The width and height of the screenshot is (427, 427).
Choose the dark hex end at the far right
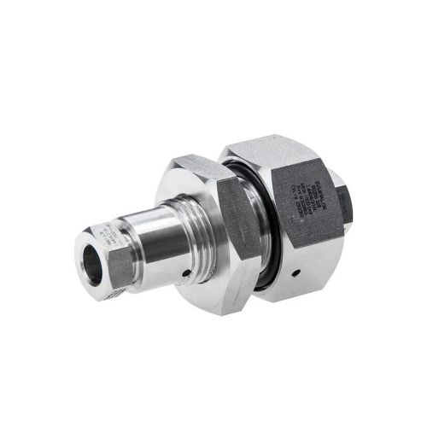point(351,196)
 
